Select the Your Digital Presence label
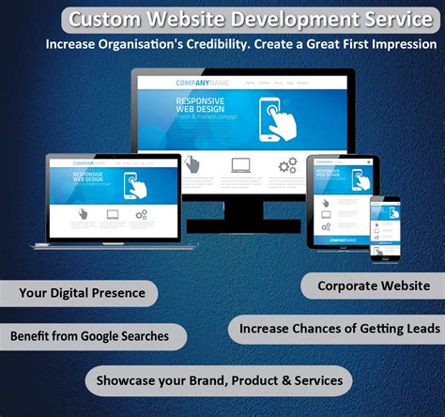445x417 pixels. coord(83,293)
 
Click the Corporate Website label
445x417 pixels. coord(374,286)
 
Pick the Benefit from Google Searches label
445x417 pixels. coord(89,335)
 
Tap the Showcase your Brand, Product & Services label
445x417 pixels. coord(219,380)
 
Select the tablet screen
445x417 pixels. coord(341,196)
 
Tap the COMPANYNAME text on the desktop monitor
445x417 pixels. coord(202,83)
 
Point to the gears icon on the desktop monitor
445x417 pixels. coord(287,167)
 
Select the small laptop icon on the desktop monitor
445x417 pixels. coord(240,166)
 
